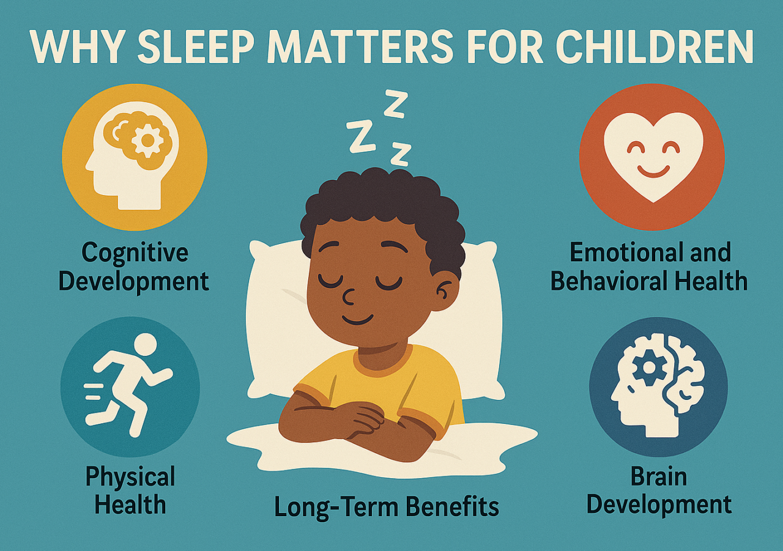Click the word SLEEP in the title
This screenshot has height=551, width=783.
click(184, 46)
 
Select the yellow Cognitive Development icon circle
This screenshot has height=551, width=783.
click(135, 157)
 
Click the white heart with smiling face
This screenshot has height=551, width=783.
click(653, 157)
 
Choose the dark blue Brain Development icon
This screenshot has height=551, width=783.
click(658, 386)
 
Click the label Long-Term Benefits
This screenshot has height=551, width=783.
click(386, 506)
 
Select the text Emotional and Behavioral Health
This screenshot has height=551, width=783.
click(649, 267)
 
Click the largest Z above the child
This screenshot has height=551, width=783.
click(361, 136)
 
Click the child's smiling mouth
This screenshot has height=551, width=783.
click(358, 319)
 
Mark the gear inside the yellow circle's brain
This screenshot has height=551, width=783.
click(147, 141)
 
